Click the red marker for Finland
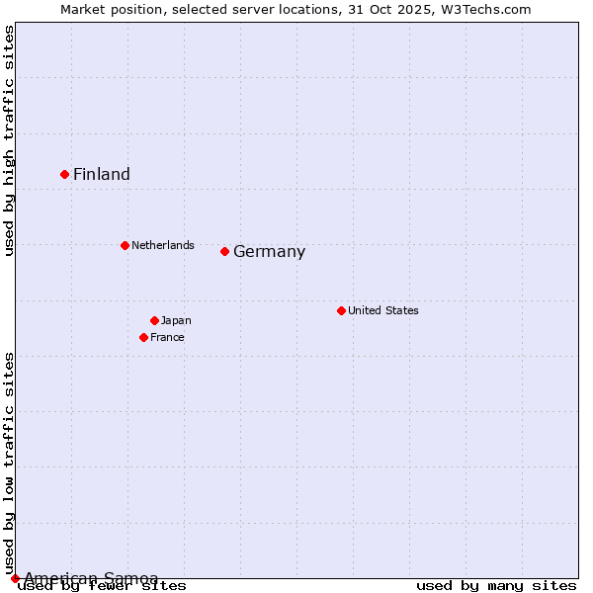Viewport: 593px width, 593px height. (x=65, y=174)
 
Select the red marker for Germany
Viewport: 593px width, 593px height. (x=225, y=251)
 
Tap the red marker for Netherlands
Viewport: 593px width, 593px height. (x=125, y=245)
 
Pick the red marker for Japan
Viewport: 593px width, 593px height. (x=154, y=320)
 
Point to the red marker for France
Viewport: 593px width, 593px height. (x=144, y=337)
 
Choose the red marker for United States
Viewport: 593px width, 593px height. (x=341, y=310)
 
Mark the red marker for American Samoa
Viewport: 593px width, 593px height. (x=15, y=578)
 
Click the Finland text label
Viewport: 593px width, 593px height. (x=102, y=175)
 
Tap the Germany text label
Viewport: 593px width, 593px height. (x=269, y=252)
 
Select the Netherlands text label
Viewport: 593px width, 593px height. (x=163, y=245)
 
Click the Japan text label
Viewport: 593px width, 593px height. (x=176, y=320)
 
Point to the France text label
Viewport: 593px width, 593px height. (x=167, y=337)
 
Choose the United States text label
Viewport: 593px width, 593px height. (x=383, y=310)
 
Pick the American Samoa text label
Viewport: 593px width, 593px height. (x=91, y=578)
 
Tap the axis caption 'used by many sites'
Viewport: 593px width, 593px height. (x=496, y=586)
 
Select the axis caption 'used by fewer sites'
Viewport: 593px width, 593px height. (x=102, y=586)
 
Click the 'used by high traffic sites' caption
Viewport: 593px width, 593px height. (x=10, y=140)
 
